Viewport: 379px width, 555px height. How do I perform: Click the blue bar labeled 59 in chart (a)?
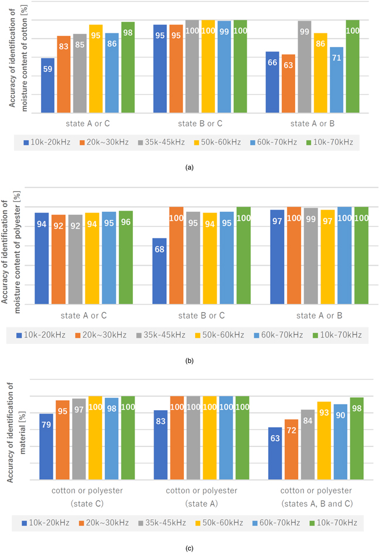48,85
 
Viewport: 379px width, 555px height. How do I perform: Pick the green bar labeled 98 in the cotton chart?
128,67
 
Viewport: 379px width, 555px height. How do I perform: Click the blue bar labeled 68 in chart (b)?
159,270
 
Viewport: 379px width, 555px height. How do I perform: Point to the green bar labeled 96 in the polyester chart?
126,257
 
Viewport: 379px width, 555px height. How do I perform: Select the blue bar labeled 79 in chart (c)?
46,446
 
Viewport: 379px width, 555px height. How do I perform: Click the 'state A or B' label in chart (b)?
319,316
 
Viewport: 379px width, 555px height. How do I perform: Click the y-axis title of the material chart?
12,438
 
